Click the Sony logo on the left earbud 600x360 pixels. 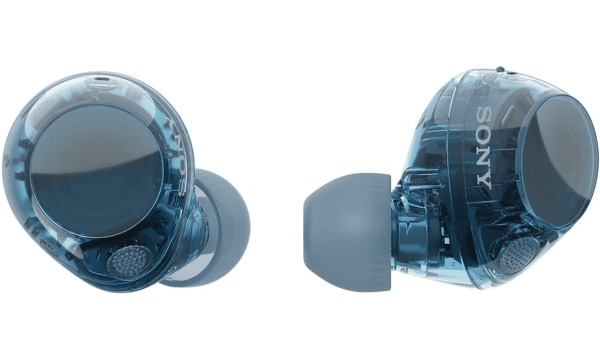pos(179,155)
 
